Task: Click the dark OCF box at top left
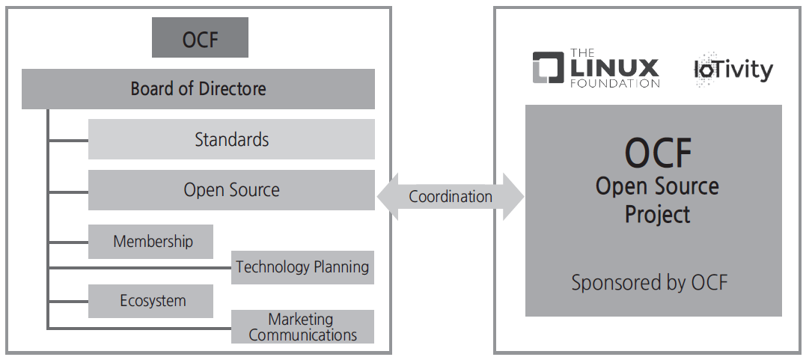click(x=200, y=38)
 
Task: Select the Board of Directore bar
click(x=198, y=89)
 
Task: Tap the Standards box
click(x=231, y=139)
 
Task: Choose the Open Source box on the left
click(x=231, y=190)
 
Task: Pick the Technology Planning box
click(x=302, y=267)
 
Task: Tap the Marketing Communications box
click(x=302, y=327)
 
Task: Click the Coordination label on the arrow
click(x=450, y=197)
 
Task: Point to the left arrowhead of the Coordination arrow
click(x=387, y=197)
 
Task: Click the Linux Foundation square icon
click(x=548, y=67)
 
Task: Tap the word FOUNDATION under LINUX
click(x=614, y=84)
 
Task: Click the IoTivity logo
click(x=733, y=70)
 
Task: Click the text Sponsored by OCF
click(x=649, y=282)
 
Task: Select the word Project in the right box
click(x=657, y=215)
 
